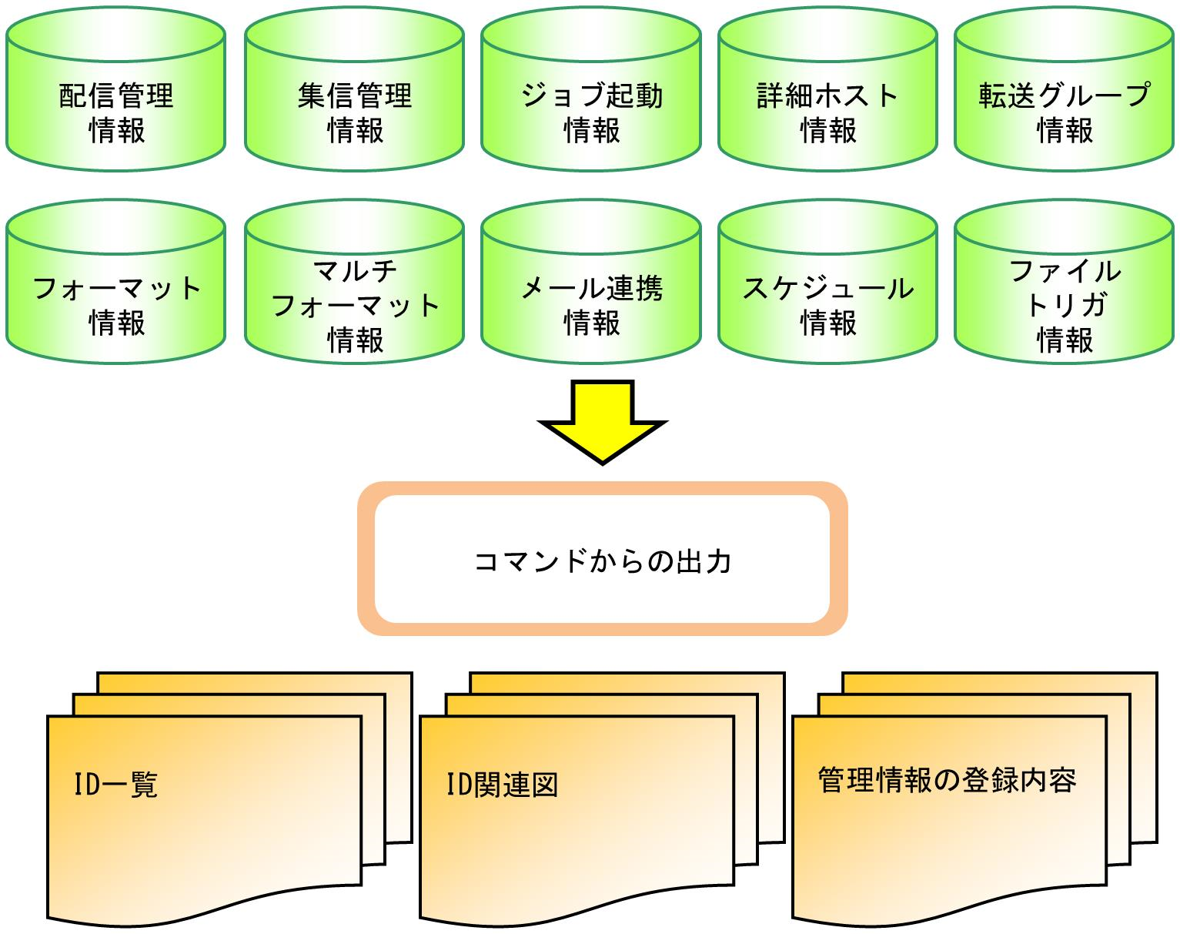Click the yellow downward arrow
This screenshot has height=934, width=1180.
(x=602, y=422)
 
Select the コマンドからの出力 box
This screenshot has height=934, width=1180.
(x=602, y=560)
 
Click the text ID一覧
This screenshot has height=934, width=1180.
(x=115, y=785)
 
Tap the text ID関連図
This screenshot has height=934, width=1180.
(x=502, y=785)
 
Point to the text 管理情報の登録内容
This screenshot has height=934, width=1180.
(x=947, y=780)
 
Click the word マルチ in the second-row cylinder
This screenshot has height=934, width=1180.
(x=355, y=271)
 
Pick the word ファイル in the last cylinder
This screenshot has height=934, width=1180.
(x=1065, y=271)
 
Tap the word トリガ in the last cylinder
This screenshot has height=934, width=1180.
(x=1065, y=305)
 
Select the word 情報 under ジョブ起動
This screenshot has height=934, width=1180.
(x=591, y=130)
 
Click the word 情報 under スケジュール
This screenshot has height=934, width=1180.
(x=828, y=323)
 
